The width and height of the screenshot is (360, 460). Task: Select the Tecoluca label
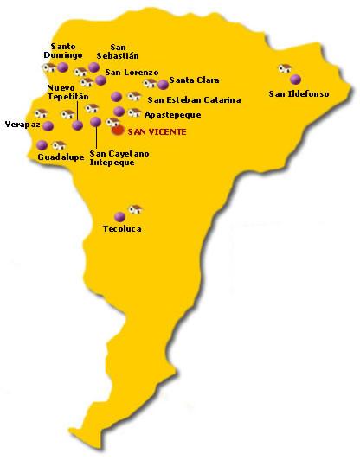(121, 229)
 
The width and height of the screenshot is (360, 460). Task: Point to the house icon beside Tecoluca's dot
(135, 208)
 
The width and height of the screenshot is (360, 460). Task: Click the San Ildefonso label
(299, 93)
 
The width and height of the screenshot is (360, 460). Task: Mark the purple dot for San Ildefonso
(296, 80)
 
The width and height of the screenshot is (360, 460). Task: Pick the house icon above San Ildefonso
(285, 67)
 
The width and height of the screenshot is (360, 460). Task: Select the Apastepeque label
(173, 114)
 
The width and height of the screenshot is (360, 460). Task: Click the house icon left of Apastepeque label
(134, 112)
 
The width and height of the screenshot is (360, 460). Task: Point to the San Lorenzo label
(132, 72)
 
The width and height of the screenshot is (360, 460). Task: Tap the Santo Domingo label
(63, 50)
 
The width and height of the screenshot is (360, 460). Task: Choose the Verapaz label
(22, 124)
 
